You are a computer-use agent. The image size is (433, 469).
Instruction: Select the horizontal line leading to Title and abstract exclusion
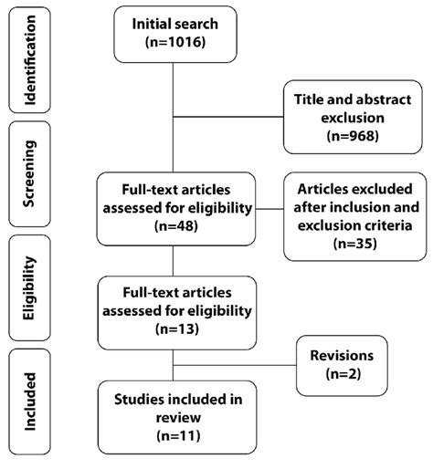coord(228,117)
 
